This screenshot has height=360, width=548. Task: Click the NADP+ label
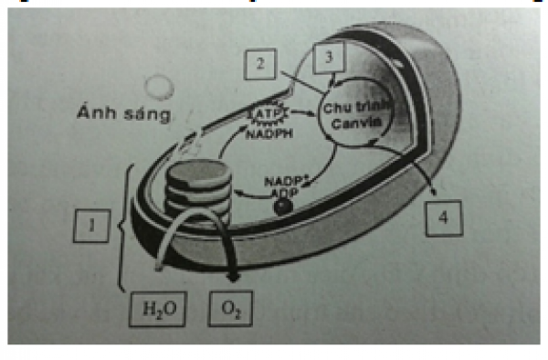pos(284,182)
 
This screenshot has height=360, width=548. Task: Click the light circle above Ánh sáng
pos(162,88)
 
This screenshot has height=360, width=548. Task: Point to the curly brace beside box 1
pos(124,224)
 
